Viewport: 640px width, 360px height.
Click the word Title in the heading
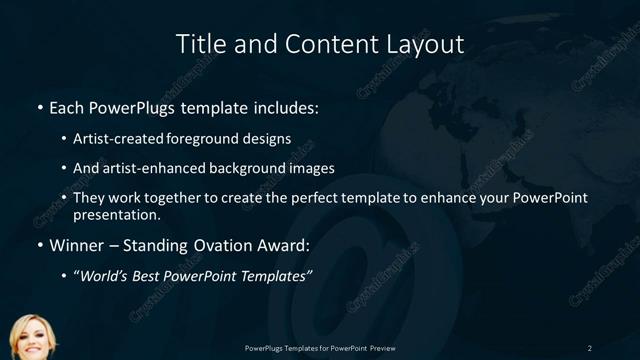199,44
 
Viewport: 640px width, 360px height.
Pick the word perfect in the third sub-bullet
314,198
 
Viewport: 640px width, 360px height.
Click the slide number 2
589,347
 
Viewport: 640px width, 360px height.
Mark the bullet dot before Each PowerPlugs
39,106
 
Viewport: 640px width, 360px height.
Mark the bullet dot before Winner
39,244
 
